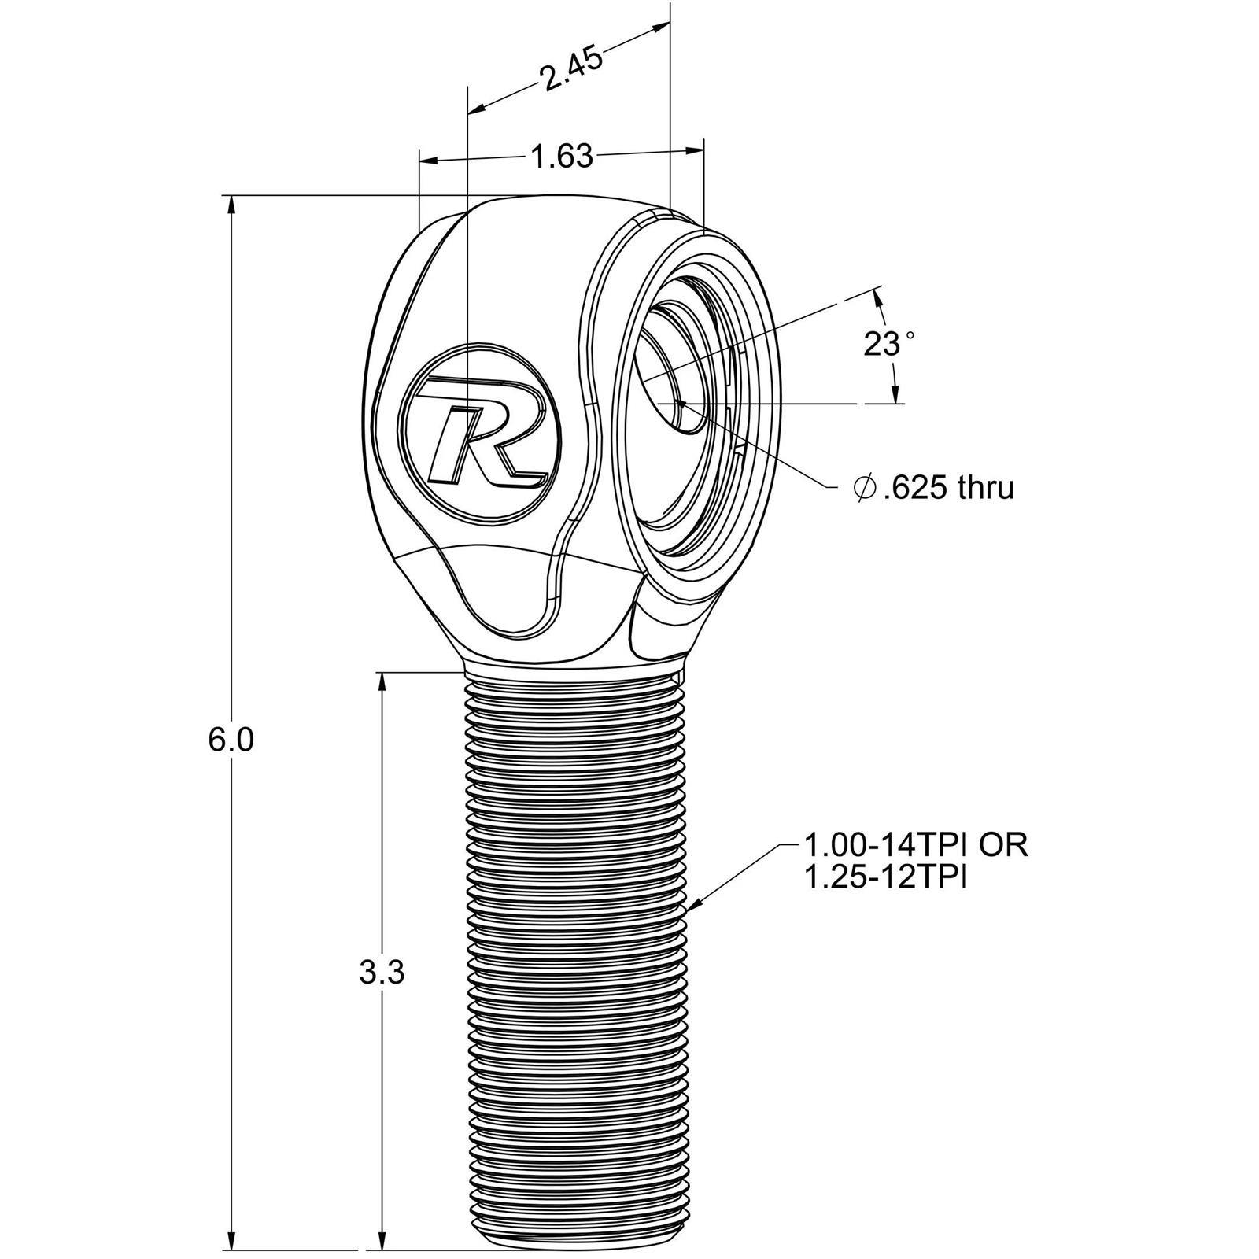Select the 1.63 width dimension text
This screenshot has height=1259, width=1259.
(560, 157)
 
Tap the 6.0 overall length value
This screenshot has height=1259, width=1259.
(231, 740)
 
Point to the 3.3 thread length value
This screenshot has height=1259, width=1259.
(382, 973)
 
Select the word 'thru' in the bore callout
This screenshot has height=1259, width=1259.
(986, 489)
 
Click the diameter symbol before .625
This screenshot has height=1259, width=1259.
(864, 489)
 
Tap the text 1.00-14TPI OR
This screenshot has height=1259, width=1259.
(914, 846)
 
